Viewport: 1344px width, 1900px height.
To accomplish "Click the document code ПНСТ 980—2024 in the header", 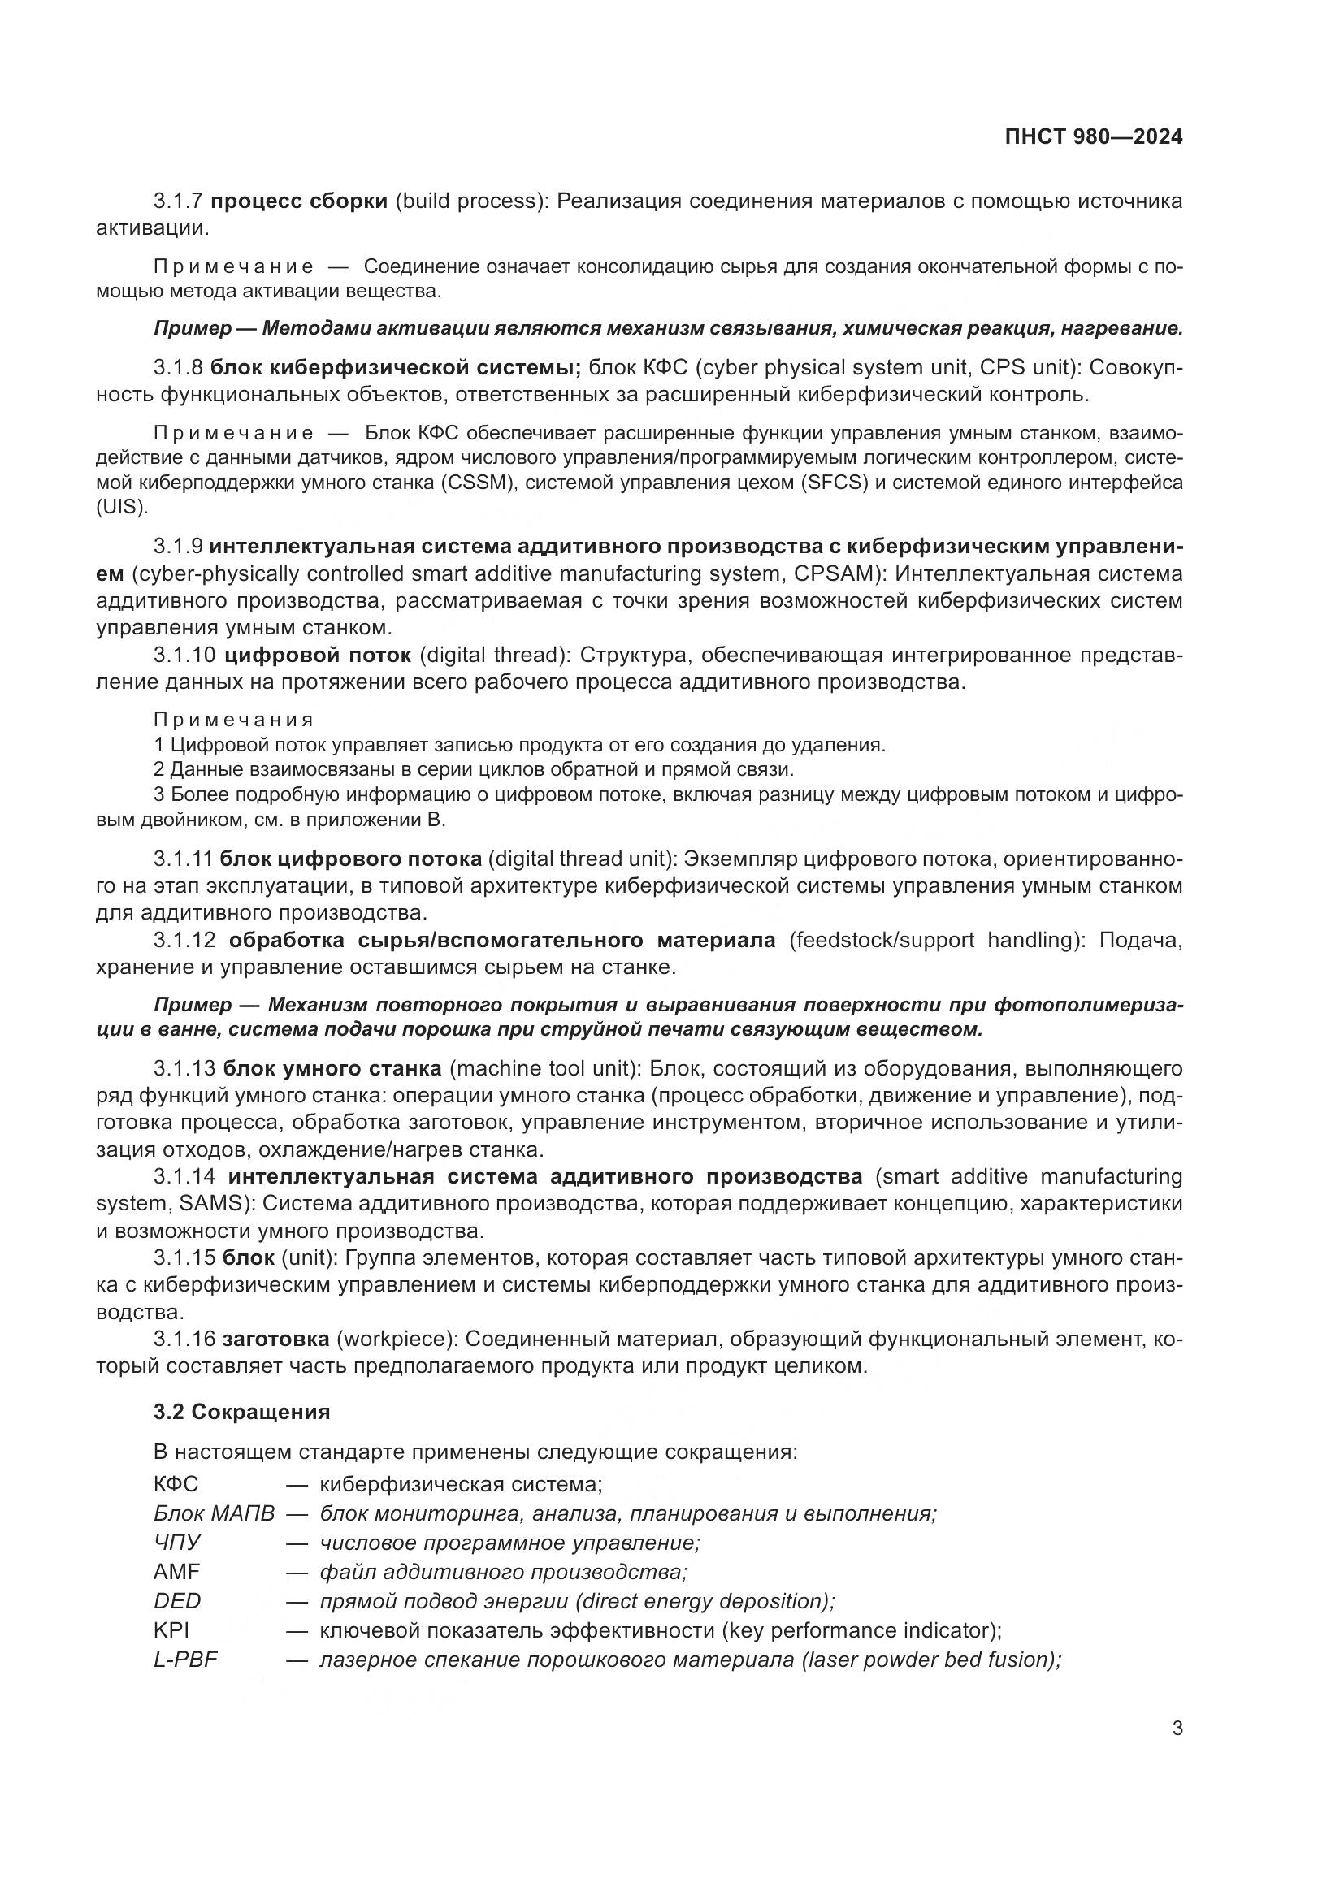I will click(1093, 137).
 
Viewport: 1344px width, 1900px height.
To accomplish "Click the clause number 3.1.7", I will click(178, 201).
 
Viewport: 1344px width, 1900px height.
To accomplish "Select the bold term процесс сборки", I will click(299, 201).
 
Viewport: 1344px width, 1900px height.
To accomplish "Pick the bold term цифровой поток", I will click(318, 655).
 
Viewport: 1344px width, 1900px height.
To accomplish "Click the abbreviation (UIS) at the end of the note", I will click(122, 507).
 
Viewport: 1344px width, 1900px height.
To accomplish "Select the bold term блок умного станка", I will click(332, 1068).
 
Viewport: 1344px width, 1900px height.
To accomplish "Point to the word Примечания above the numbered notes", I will click(233, 719).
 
